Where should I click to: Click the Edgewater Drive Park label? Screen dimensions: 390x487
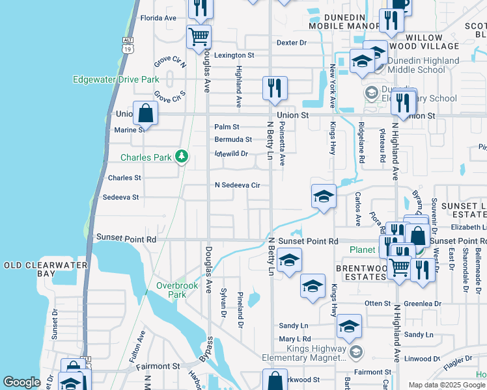coord(116,79)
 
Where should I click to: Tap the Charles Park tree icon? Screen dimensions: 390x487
coord(183,157)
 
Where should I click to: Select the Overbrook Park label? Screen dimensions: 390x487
coord(171,290)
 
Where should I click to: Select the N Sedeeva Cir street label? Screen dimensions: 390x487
coord(238,185)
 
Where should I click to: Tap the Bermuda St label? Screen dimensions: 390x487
coord(233,140)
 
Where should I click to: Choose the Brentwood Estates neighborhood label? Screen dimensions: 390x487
coord(361,272)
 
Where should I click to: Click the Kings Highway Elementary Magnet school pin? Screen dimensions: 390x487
coord(355,352)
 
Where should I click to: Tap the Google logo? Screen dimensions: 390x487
coord(21,382)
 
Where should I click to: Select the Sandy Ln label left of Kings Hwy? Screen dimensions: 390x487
coord(293,326)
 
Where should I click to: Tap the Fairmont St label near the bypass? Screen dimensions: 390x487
coord(158,367)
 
